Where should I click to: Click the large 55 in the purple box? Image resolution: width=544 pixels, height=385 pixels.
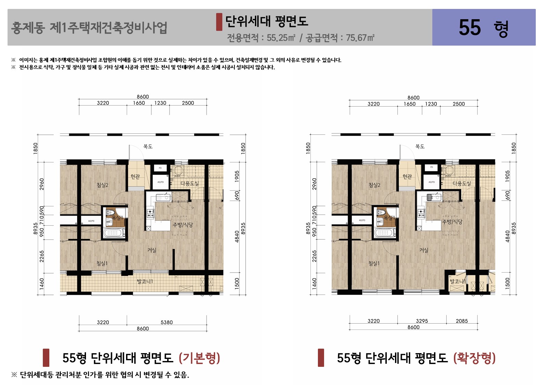click(x=470, y=27)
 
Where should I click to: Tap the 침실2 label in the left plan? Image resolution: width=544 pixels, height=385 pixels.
click(x=102, y=185)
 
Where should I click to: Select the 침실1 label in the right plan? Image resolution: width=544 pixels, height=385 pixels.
click(x=374, y=263)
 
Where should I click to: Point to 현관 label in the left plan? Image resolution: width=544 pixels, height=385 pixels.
click(x=135, y=177)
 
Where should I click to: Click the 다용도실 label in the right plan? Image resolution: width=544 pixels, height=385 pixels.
click(x=462, y=183)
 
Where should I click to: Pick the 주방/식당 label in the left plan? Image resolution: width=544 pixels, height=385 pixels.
click(x=183, y=225)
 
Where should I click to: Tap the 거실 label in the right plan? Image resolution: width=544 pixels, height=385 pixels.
click(x=424, y=250)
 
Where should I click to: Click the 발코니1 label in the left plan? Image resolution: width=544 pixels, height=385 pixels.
click(x=145, y=281)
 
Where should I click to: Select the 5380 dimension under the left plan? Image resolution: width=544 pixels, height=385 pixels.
click(x=166, y=322)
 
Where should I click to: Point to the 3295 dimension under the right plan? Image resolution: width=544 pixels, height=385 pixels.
click(x=422, y=321)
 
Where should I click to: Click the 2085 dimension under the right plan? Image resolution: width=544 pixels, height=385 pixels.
click(x=461, y=321)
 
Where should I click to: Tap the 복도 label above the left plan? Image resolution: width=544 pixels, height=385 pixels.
click(x=148, y=146)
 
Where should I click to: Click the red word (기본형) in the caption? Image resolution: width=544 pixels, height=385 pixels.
click(x=199, y=358)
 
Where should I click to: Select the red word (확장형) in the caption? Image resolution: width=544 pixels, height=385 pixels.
click(x=474, y=358)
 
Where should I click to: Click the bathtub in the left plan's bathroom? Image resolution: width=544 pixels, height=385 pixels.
click(x=113, y=233)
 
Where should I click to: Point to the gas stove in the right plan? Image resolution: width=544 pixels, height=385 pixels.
click(x=421, y=213)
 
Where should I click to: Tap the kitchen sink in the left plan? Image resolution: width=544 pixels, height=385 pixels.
click(x=163, y=197)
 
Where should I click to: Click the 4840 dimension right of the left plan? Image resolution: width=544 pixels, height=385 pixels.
click(x=237, y=237)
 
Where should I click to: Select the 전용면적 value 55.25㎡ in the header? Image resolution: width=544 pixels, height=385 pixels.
click(x=281, y=38)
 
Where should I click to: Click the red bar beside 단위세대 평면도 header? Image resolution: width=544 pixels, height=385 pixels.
click(x=219, y=22)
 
